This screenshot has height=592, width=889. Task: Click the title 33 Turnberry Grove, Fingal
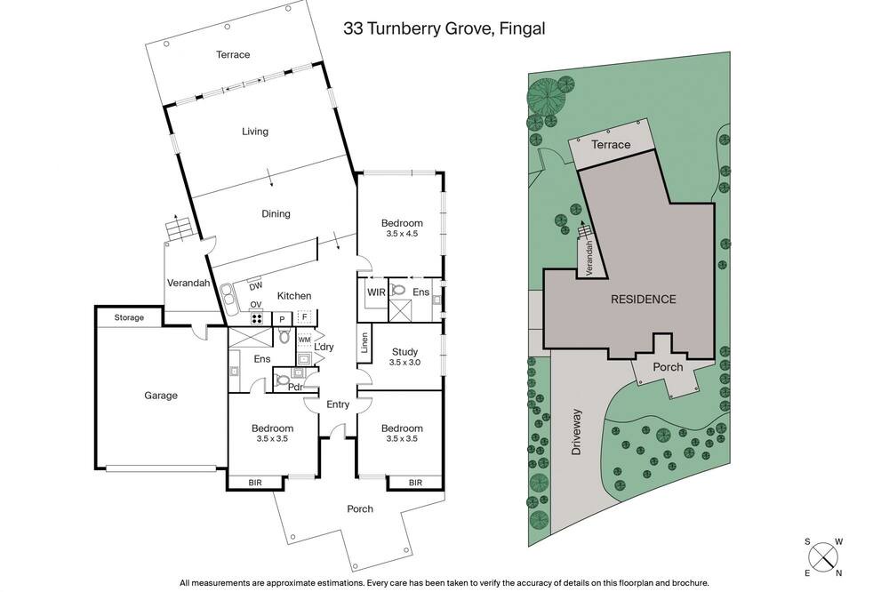[x=444, y=28]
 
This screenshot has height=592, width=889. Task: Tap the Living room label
[x=254, y=132]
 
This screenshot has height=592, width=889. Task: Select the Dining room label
[x=276, y=213]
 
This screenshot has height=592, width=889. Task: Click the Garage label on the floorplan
[x=160, y=396]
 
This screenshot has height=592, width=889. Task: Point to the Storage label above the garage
[x=129, y=317]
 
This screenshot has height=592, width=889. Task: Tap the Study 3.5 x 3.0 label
[x=404, y=356]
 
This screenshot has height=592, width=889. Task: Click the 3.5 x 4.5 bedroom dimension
[x=402, y=233]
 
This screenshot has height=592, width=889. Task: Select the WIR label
[x=376, y=292]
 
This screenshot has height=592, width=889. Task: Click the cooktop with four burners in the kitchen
[x=257, y=318]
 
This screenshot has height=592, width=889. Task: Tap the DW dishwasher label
[x=256, y=285]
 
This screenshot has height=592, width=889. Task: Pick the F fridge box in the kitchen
[x=304, y=317]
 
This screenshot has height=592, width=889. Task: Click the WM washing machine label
[x=304, y=340]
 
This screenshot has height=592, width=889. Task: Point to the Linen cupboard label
[x=364, y=342]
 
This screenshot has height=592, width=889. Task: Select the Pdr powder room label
[x=294, y=388]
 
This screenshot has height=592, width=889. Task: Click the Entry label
[x=337, y=404]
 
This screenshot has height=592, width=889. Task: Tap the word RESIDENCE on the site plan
[x=643, y=299]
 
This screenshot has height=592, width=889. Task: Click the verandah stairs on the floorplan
[x=178, y=229]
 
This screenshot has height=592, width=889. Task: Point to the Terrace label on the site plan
[x=611, y=145]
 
